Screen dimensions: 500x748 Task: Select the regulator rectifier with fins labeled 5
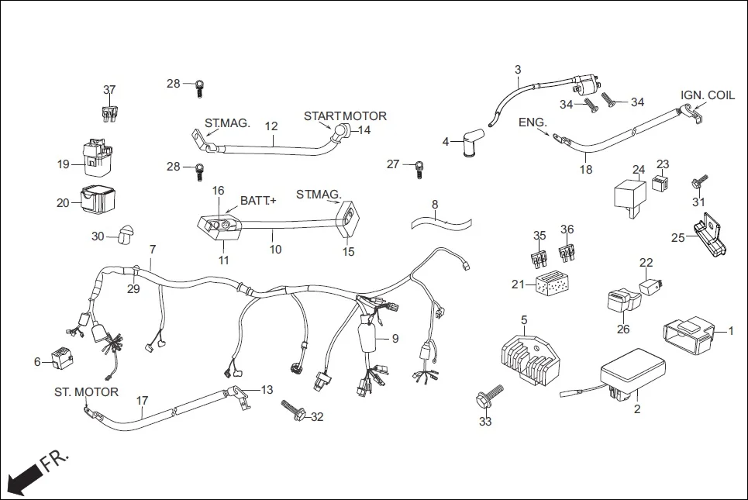tap(530, 359)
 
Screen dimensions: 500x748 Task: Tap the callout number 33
tap(485, 422)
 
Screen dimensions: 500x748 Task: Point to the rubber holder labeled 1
tap(688, 332)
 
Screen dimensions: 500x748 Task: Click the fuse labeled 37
tap(109, 113)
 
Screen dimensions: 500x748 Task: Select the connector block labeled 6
tap(61, 357)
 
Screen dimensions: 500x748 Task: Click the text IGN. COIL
tap(707, 95)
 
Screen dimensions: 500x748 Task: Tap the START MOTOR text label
tap(344, 116)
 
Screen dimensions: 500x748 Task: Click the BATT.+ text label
tap(258, 201)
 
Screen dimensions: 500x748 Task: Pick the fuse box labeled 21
tap(552, 286)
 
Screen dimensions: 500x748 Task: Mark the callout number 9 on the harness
tap(395, 338)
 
